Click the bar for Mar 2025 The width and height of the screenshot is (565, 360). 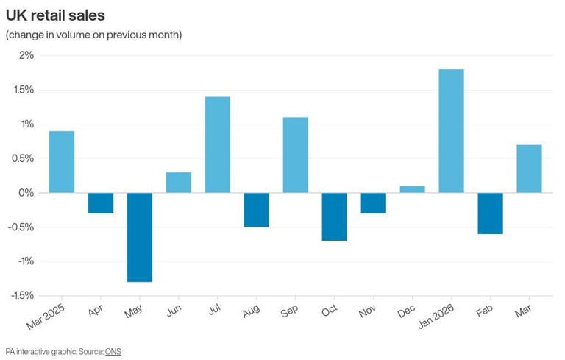(x=62, y=162)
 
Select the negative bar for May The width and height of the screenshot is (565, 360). (x=140, y=237)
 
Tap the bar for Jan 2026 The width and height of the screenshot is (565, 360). (x=451, y=131)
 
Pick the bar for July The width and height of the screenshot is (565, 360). (x=217, y=145)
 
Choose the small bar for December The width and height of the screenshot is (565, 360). (x=412, y=189)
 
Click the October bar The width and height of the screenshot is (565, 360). (x=334, y=216)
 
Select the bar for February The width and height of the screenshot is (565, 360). (x=490, y=213)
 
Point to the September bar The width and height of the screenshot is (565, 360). (x=295, y=155)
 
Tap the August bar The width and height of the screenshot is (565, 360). (x=256, y=210)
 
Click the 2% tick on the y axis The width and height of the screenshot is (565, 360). (x=26, y=55)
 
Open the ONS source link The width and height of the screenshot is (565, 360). (x=113, y=351)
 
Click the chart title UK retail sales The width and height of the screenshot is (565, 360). (x=55, y=15)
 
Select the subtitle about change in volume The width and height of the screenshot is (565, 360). (x=93, y=35)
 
